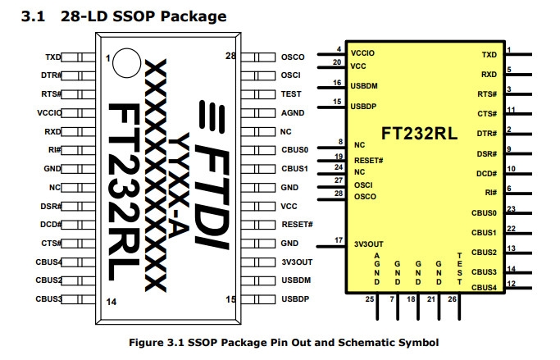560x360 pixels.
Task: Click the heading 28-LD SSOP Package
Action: [144, 16]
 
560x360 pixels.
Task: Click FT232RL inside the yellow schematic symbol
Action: [419, 132]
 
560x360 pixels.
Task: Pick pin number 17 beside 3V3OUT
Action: [339, 239]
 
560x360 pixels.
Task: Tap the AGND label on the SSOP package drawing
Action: [293, 113]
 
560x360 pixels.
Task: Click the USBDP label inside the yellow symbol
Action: [364, 107]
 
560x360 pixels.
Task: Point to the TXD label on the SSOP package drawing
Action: [53, 57]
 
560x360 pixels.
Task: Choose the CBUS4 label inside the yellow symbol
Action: [484, 286]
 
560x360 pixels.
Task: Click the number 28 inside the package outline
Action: [231, 55]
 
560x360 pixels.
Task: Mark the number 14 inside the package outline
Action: [111, 301]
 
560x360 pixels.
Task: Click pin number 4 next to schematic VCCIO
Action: [339, 49]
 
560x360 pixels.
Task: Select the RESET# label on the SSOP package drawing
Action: [297, 225]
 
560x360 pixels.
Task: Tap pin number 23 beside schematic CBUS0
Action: [511, 208]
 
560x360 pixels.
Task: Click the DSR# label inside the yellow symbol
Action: [487, 153]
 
